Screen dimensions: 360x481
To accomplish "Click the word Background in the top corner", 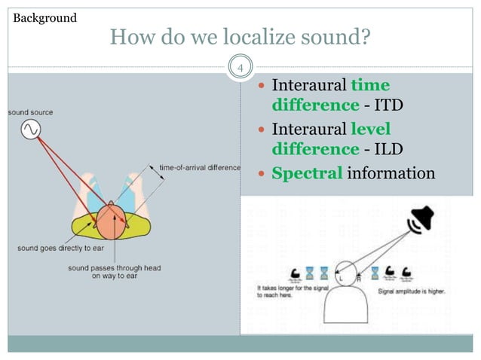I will tap(45, 17).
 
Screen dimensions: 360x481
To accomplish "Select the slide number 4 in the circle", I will tap(240, 70).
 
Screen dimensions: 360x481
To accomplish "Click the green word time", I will tap(370, 85).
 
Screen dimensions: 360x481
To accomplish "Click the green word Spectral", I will tap(307, 174).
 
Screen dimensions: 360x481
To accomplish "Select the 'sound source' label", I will tap(31, 112).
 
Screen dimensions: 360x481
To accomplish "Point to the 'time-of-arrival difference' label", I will tap(201, 167).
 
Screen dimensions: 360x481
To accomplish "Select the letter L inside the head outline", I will tap(341, 278).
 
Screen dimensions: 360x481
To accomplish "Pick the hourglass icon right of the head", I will tap(375, 272).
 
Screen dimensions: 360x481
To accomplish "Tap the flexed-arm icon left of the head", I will tap(298, 273).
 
